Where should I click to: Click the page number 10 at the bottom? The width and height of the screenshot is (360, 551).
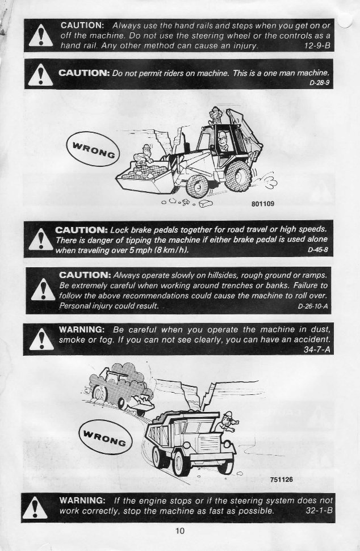pyautogui.click(x=180, y=531)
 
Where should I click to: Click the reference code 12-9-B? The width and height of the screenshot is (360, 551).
pyautogui.click(x=316, y=45)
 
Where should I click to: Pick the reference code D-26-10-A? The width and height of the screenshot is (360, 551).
pyautogui.click(x=312, y=306)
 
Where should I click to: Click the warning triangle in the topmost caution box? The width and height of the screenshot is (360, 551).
pyautogui.click(x=39, y=37)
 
